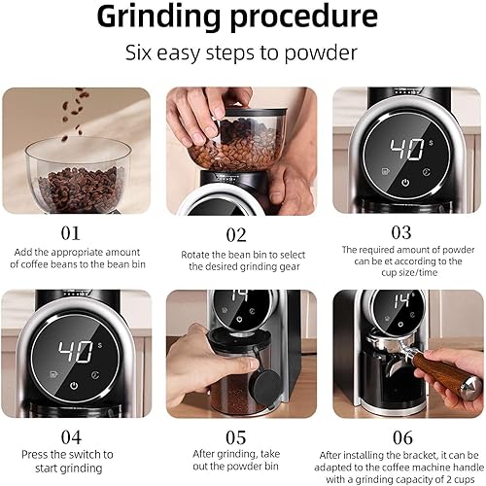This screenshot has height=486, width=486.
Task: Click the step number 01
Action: (70, 233)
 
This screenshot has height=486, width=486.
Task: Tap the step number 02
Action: (236, 235)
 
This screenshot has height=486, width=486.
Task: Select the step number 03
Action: (401, 232)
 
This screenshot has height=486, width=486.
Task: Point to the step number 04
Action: (71, 437)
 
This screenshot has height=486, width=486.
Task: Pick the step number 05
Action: (235, 437)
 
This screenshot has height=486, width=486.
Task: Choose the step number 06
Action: (402, 437)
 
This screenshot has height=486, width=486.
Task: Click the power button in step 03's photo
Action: (405, 183)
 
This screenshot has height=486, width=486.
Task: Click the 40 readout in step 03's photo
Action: (407, 150)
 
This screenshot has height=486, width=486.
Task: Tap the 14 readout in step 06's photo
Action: (400, 301)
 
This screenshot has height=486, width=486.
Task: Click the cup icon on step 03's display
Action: (386, 171)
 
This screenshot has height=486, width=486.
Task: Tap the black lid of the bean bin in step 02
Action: (255, 112)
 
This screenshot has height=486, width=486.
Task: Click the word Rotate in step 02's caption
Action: (194, 255)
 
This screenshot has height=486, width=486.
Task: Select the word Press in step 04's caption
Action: (35, 455)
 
